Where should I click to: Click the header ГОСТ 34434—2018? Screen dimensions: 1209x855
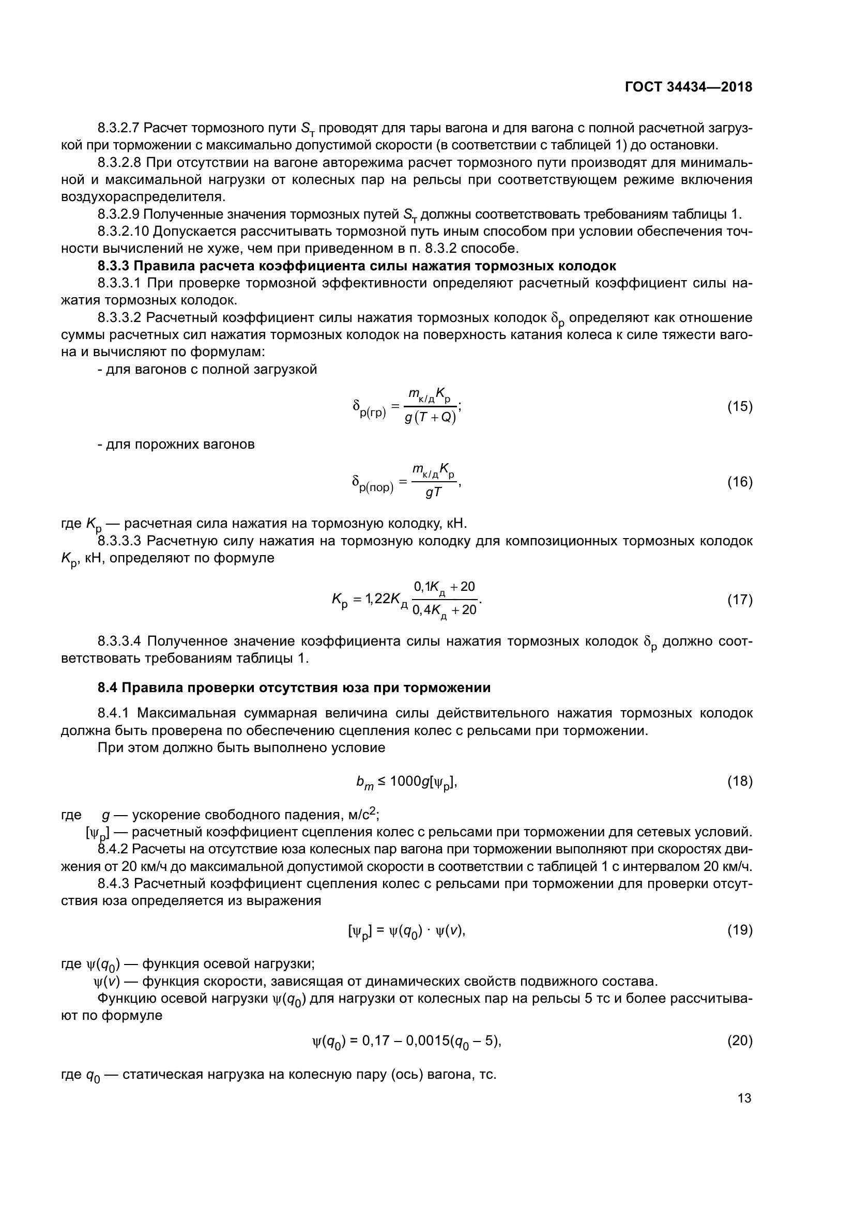(688, 87)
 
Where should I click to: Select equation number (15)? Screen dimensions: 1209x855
(740, 407)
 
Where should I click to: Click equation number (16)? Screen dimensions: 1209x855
(740, 482)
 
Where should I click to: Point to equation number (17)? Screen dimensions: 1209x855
(740, 600)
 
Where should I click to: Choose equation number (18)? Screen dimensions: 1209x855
(740, 782)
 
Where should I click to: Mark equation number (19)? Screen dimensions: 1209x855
(740, 930)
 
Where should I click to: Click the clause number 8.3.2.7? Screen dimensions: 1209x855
(118, 128)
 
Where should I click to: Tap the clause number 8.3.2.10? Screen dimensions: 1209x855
(123, 231)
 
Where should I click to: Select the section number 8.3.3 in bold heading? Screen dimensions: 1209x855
(112, 265)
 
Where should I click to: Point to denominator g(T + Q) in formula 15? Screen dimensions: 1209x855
(430, 419)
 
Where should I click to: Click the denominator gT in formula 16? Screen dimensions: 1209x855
(433, 494)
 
